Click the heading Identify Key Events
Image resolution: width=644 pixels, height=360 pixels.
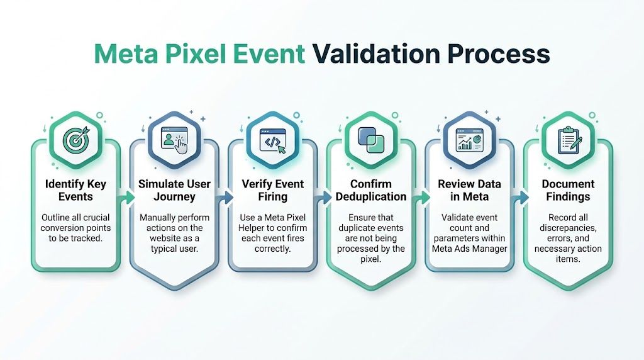tap(75, 191)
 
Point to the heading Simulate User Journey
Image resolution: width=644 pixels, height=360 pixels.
tap(174, 191)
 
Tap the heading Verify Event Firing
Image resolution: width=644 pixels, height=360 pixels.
tap(272, 191)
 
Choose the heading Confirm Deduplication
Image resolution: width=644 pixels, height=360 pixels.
tap(370, 191)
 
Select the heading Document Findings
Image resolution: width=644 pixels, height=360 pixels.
tap(568, 191)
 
